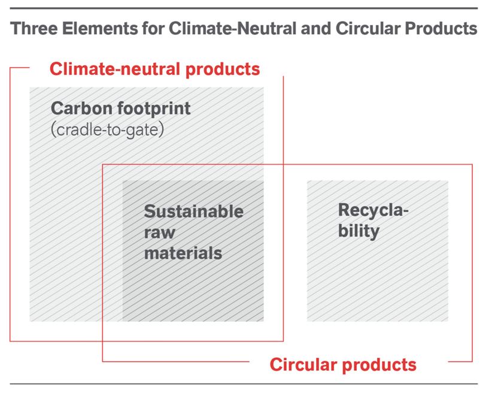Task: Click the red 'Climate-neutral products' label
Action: (x=155, y=69)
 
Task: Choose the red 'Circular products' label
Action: (x=343, y=364)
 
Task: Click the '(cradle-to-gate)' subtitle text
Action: (x=107, y=129)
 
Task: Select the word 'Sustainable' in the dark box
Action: (x=193, y=211)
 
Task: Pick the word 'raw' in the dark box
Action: (x=159, y=232)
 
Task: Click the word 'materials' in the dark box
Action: (x=183, y=252)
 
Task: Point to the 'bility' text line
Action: (x=359, y=231)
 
